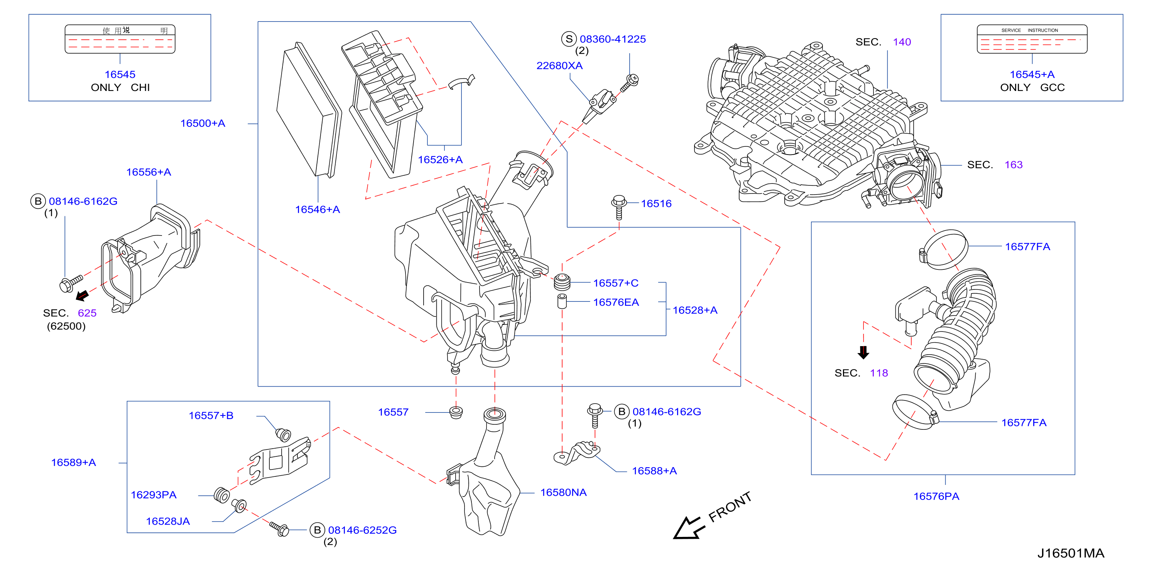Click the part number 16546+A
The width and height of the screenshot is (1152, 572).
(x=318, y=209)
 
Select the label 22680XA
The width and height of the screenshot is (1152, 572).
(x=559, y=66)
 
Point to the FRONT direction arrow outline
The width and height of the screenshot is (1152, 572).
(x=689, y=528)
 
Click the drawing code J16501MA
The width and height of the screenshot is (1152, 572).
(x=1071, y=553)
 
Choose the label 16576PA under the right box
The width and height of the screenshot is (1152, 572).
(x=936, y=496)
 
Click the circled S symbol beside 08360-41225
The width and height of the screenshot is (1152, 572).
(x=569, y=39)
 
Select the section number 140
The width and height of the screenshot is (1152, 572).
(x=902, y=42)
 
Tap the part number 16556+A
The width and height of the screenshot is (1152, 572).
(x=149, y=172)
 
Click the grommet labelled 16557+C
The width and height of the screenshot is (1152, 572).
(x=562, y=283)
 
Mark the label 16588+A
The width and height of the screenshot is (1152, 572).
(x=654, y=471)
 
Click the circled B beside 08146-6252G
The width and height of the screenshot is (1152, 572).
(x=317, y=530)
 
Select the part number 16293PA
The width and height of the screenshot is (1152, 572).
(x=154, y=495)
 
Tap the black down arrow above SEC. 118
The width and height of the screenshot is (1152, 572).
(x=863, y=353)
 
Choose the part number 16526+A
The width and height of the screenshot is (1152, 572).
(x=440, y=160)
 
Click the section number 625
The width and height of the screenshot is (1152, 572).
(x=87, y=313)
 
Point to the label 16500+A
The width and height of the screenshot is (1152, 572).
(x=203, y=123)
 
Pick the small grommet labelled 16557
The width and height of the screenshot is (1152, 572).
(x=456, y=412)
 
